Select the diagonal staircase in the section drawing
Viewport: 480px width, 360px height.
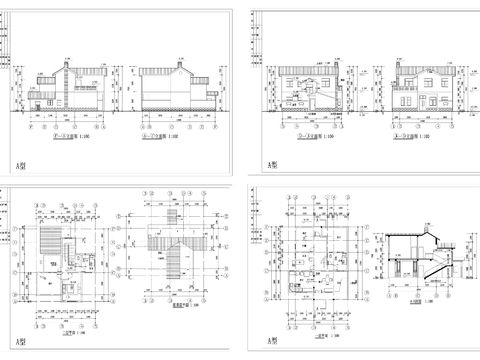pyautogui.click(x=430, y=270)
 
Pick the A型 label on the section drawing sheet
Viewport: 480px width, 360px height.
pyautogui.click(x=272, y=342)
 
